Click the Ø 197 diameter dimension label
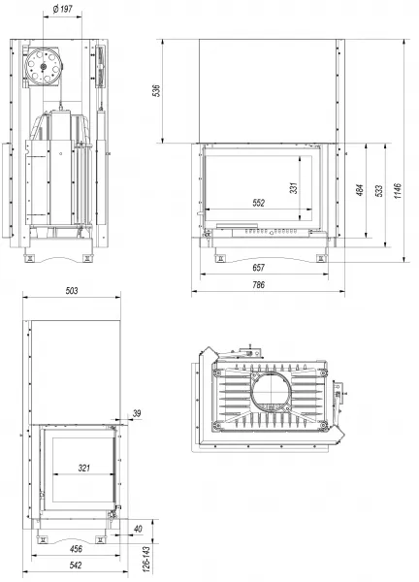tap(62, 9)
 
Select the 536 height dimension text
tap(156, 90)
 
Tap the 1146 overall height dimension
tap(398, 190)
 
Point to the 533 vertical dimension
tap(379, 191)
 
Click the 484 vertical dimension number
tap(360, 190)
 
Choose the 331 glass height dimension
tap(294, 188)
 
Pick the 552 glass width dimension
tap(259, 203)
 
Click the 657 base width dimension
tap(258, 268)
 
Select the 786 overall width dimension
tap(258, 284)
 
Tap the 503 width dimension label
tap(72, 291)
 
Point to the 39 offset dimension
tap(137, 413)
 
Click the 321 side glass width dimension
tap(84, 469)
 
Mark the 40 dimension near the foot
tap(138, 529)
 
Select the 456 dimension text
tap(76, 549)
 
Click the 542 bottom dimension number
tap(76, 566)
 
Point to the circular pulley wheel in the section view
tap(43, 66)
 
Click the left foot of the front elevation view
tap(220, 258)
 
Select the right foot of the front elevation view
tap(321, 258)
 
